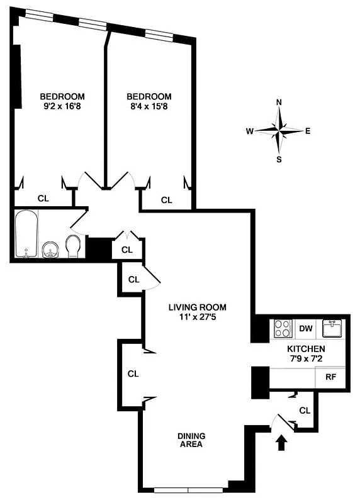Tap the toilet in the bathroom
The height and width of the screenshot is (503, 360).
pyautogui.click(x=73, y=246)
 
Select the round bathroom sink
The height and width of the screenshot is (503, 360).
pyautogui.click(x=50, y=250)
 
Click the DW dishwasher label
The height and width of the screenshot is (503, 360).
pyautogui.click(x=306, y=328)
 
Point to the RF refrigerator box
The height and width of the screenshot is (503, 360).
pyautogui.click(x=330, y=378)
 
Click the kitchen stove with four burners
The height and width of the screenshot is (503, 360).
pyautogui.click(x=283, y=329)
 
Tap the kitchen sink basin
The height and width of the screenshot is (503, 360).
pyautogui.click(x=332, y=328)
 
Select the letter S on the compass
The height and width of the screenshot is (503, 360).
pyautogui.click(x=279, y=159)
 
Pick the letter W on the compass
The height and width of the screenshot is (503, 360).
pyautogui.click(x=250, y=131)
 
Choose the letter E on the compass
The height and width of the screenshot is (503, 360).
pyautogui.click(x=308, y=131)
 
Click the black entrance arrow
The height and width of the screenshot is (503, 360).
pyautogui.click(x=281, y=444)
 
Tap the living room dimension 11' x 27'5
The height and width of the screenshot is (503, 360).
pyautogui.click(x=196, y=318)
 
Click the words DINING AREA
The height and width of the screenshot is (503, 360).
pyautogui.click(x=191, y=440)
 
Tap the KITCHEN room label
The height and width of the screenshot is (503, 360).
pyautogui.click(x=306, y=349)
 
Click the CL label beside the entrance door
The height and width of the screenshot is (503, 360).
pyautogui.click(x=305, y=411)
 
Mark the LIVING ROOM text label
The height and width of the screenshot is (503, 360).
pyautogui.click(x=196, y=307)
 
